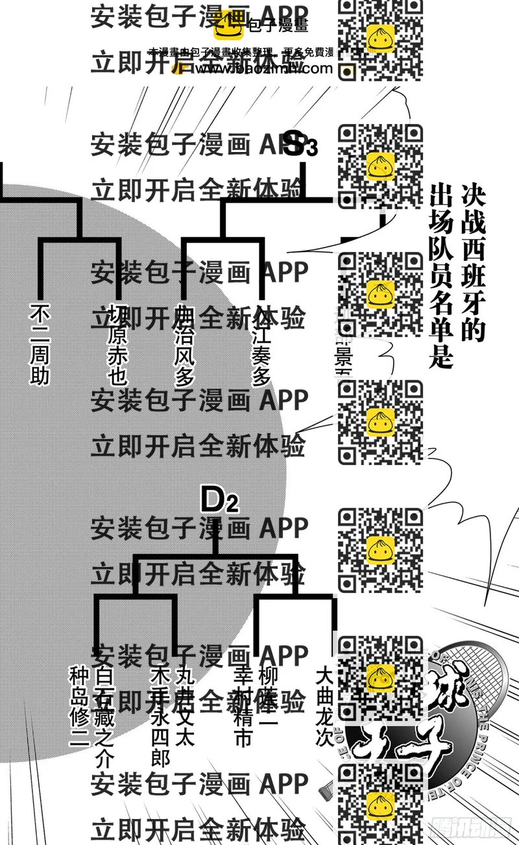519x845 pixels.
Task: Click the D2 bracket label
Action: tap(219, 500)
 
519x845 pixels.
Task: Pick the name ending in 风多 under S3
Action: tap(184, 347)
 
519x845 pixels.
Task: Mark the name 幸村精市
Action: tap(243, 707)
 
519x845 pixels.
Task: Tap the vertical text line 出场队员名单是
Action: tap(441, 276)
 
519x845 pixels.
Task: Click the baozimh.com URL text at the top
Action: tap(259, 68)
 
